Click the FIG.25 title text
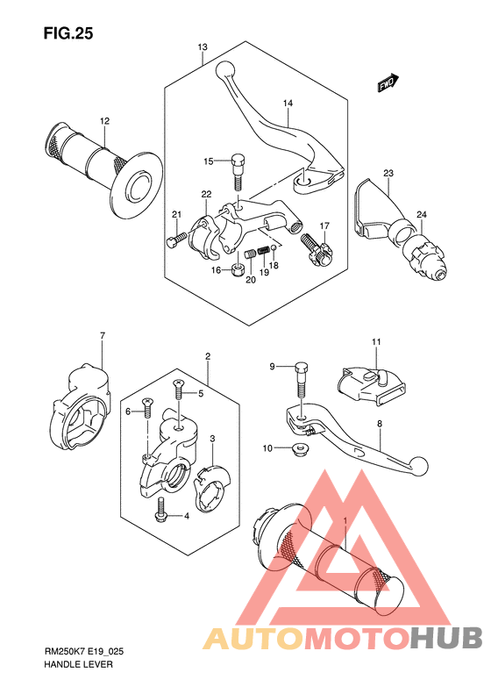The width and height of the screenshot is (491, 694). (x=68, y=33)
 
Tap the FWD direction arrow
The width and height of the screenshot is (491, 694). (x=388, y=83)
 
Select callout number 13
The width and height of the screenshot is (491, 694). (x=203, y=47)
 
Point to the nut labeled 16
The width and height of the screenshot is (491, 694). (x=238, y=269)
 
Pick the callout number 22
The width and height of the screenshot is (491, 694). (x=206, y=194)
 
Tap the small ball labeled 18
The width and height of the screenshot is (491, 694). (x=274, y=247)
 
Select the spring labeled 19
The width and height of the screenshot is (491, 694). (x=264, y=251)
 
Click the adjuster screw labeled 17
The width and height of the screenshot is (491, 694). (x=317, y=251)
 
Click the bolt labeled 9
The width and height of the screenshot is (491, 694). (x=301, y=381)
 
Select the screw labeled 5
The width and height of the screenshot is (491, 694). (x=178, y=390)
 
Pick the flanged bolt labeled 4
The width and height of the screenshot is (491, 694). (x=160, y=510)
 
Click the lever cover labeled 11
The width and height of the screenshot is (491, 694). (x=370, y=384)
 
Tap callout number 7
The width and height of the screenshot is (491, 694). (x=103, y=336)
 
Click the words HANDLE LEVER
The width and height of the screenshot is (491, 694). (x=78, y=664)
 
